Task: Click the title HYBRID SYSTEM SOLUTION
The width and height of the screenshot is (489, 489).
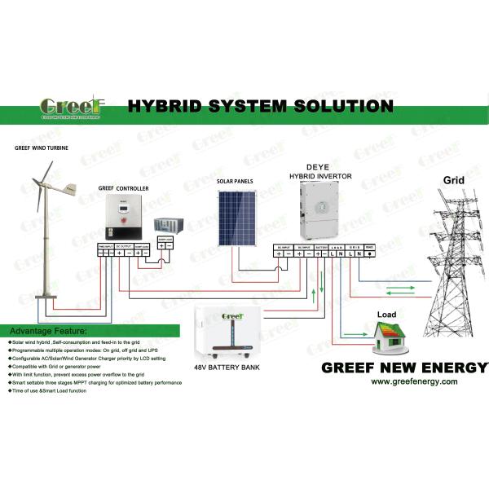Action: tap(260, 106)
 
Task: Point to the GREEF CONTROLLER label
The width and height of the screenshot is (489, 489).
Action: tap(123, 187)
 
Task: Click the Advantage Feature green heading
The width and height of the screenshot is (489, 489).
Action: tap(48, 332)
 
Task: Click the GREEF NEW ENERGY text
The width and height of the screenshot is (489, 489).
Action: tap(404, 366)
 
